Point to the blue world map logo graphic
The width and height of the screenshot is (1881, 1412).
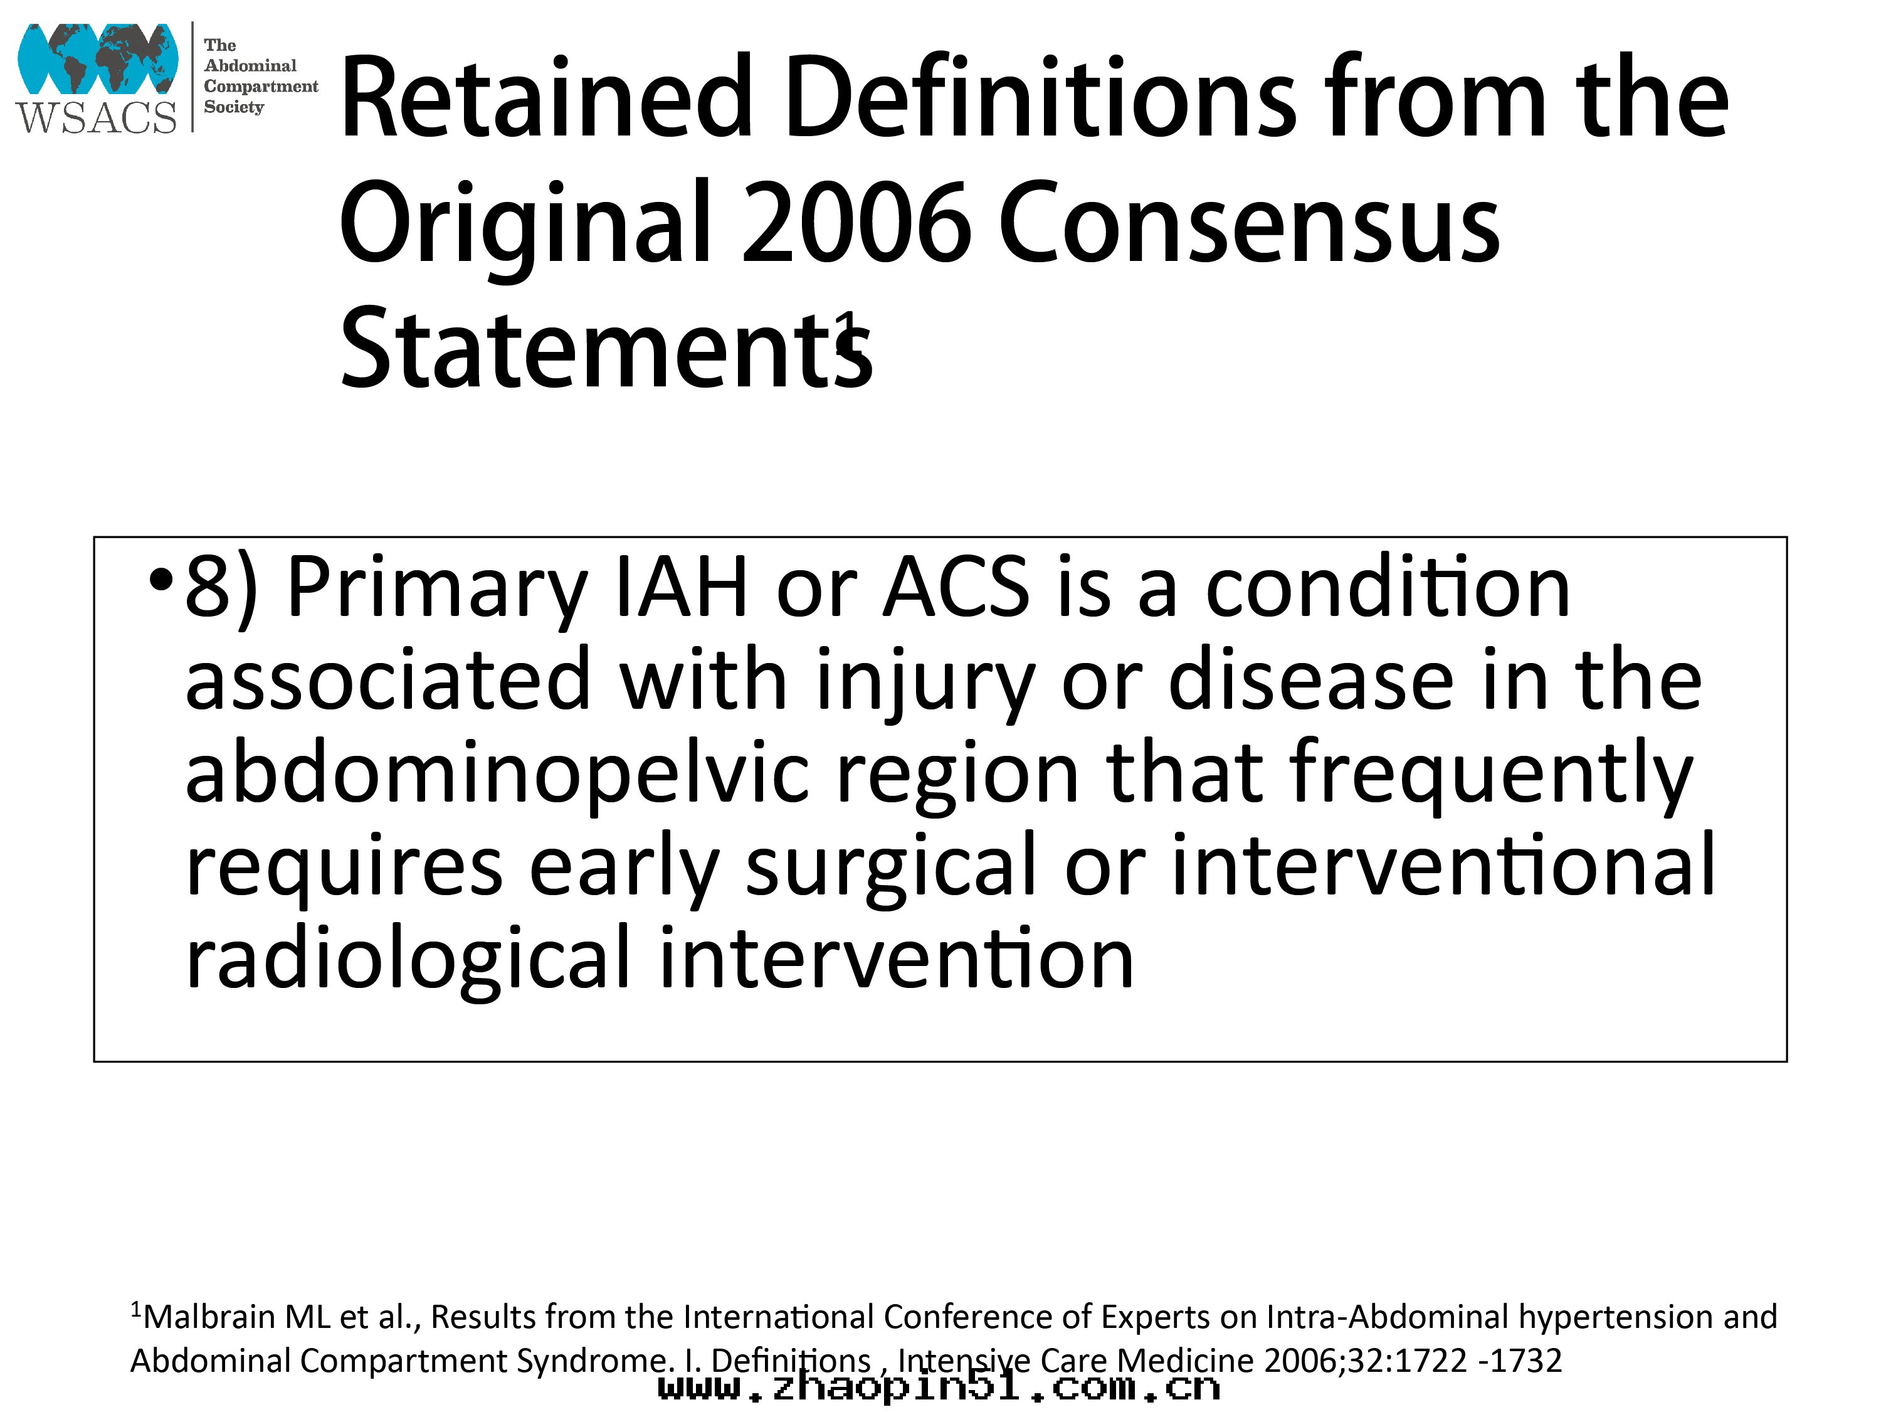click(98, 58)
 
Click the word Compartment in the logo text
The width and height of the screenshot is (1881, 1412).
click(260, 86)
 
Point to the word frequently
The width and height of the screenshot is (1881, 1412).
click(1490, 774)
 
